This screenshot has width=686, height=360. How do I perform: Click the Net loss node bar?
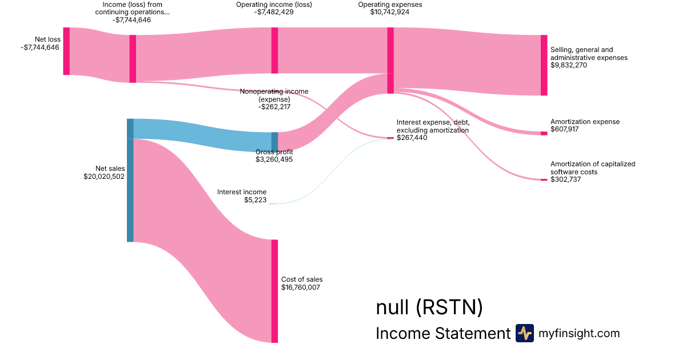point(66,51)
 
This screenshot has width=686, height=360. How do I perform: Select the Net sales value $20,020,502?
point(104,177)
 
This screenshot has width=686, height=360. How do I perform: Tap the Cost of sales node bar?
point(275,291)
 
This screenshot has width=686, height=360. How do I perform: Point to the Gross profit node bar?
point(274,141)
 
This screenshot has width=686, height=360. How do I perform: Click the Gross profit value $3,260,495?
point(274,159)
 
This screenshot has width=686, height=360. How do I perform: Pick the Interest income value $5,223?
point(256,200)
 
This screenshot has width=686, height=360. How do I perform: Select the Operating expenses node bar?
point(390,60)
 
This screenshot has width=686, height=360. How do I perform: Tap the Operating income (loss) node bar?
point(275,50)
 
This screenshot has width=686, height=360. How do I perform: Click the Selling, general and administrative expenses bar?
point(544,65)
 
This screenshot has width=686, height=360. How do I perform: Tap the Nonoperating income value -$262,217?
point(274,106)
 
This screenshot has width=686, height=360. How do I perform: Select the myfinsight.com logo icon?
point(524,333)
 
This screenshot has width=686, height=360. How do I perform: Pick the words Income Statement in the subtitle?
point(442,334)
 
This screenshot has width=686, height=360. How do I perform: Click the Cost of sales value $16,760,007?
point(301,287)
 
